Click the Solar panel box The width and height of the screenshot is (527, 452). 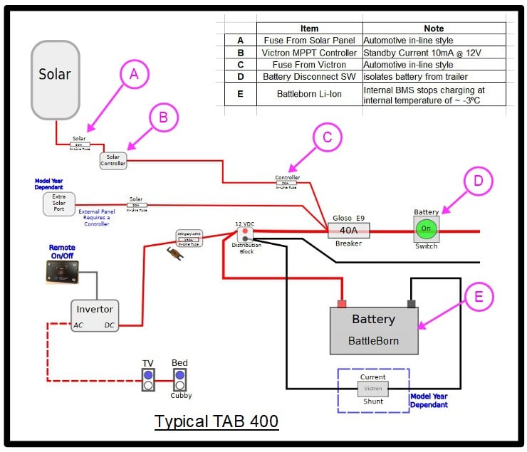click(x=55, y=79)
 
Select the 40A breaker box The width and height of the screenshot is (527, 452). click(x=349, y=230)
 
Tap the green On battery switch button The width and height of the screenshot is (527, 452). click(x=427, y=228)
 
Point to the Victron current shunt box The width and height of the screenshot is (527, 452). click(x=372, y=389)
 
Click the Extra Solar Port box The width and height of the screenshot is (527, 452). click(x=59, y=204)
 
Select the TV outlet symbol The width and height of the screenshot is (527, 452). click(x=148, y=380)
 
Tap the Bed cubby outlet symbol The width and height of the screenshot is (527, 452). click(x=179, y=380)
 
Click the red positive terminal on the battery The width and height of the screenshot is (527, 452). click(x=342, y=303)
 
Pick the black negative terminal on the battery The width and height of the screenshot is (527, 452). click(x=411, y=303)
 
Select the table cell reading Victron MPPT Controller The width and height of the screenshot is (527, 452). click(x=309, y=53)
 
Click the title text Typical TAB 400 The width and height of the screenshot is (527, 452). click(x=216, y=421)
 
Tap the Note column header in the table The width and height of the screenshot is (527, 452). click(x=433, y=28)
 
